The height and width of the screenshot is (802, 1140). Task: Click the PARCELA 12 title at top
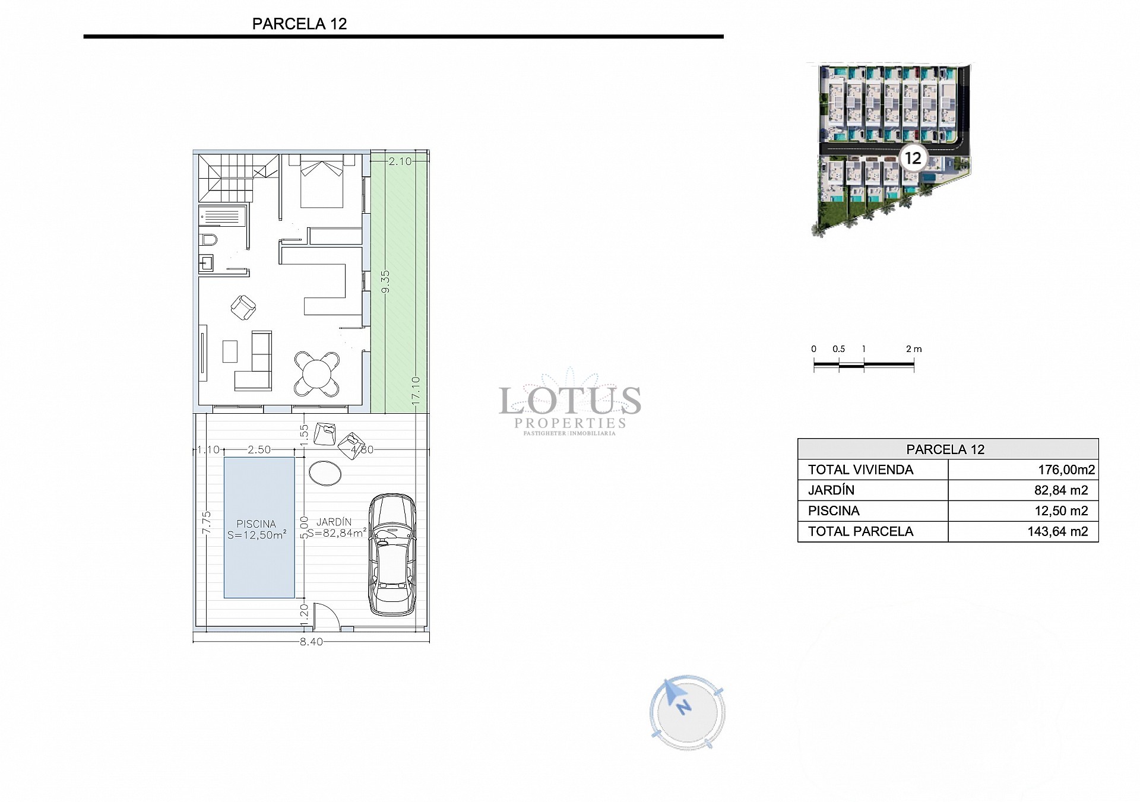[299, 24]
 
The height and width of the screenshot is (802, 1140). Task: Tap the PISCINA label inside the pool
[256, 524]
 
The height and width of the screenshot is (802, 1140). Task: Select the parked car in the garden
[392, 554]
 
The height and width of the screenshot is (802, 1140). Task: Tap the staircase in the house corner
[236, 177]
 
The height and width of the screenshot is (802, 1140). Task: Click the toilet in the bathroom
[208, 240]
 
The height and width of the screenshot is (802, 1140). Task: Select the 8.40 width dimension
[311, 642]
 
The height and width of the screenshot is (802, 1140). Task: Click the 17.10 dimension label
[416, 391]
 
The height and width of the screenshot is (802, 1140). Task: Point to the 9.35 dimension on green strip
[385, 281]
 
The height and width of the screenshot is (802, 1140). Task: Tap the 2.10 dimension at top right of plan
[400, 161]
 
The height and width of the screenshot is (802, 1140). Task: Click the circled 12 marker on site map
[913, 158]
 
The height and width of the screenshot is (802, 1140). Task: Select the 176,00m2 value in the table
[1066, 470]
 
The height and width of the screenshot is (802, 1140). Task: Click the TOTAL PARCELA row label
[860, 531]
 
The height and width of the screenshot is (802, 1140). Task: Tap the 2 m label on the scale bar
[914, 349]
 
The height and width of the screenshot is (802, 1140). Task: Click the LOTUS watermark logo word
[570, 401]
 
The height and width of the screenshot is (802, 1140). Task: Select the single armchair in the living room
[243, 308]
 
